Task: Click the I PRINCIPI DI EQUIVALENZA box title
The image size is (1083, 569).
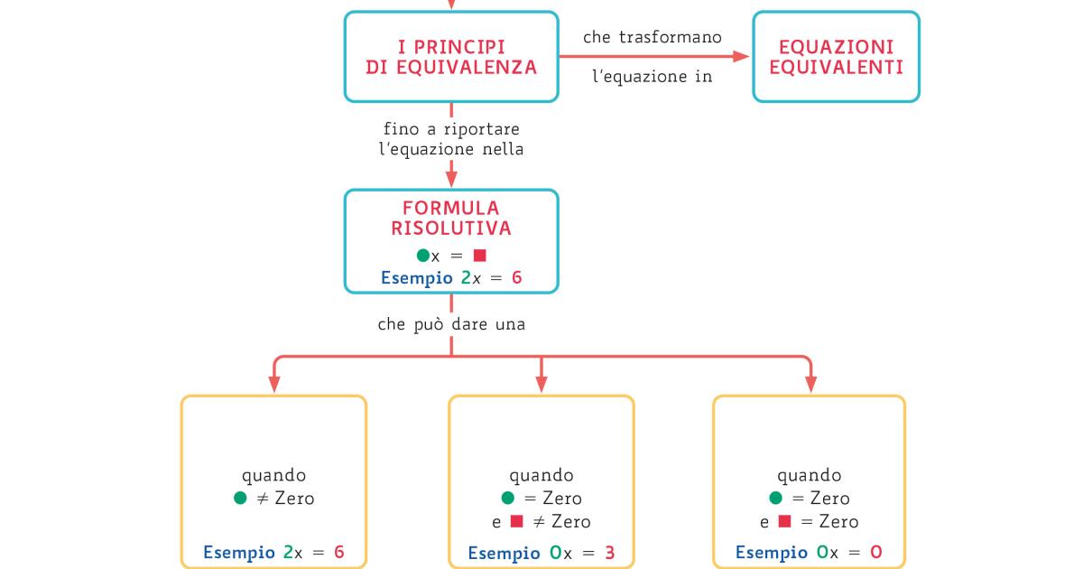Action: pos(451,56)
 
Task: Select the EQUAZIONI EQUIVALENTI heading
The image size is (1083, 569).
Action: pos(836,56)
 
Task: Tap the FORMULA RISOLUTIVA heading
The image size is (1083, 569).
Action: pos(451,218)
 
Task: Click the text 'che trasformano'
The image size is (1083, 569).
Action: pos(653,37)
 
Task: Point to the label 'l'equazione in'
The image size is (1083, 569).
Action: pos(653,77)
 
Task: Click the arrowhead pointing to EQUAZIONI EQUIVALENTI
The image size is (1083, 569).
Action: pos(742,56)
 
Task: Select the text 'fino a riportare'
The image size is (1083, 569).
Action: pos(451,129)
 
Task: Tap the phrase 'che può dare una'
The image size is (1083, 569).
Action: pos(451,323)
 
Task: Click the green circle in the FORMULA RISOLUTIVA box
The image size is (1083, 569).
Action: pos(422,256)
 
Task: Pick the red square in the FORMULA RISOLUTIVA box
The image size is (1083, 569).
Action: pos(479,256)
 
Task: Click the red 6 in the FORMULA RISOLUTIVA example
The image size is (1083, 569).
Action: pos(516,277)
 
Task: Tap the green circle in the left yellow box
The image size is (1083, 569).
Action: pos(240,498)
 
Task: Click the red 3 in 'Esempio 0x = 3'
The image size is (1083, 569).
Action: pos(610,553)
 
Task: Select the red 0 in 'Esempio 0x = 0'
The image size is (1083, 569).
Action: pos(876,553)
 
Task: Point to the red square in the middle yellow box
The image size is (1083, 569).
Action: pos(516,521)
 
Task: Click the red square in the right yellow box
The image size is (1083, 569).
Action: pos(784,521)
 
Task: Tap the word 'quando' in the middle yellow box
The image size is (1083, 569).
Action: pos(541,475)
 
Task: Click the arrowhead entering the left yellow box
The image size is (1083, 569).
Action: pos(273,386)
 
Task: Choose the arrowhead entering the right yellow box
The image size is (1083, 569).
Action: pos(810,386)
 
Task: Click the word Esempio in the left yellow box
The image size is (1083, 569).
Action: pos(239,553)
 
